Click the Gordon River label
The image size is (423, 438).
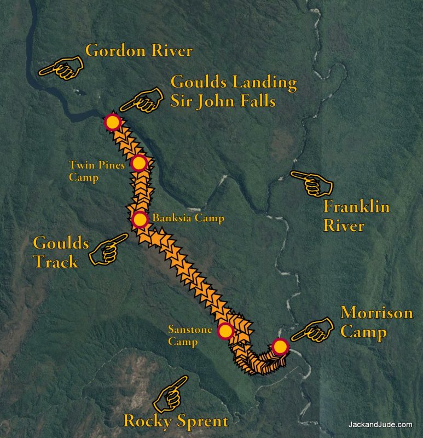[139, 51]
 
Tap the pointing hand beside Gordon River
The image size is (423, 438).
[61, 68]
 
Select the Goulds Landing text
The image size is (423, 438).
[234, 83]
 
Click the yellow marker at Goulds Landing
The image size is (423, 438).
[113, 122]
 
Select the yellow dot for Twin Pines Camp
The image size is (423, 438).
[139, 163]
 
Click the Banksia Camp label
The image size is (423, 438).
[188, 218]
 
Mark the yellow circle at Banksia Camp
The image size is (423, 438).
[140, 220]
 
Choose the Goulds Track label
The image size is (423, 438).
[56, 252]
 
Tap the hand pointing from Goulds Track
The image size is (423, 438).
[107, 250]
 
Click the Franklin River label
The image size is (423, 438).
[356, 216]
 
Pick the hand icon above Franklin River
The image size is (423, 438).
[312, 183]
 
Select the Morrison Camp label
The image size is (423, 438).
[376, 322]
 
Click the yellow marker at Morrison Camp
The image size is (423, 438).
[280, 347]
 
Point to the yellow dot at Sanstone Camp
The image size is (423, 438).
[225, 331]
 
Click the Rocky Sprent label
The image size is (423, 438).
[175, 421]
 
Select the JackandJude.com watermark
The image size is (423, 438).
[380, 424]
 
